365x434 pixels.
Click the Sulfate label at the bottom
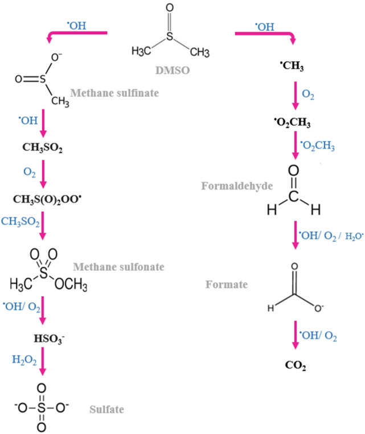click(x=105, y=408)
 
